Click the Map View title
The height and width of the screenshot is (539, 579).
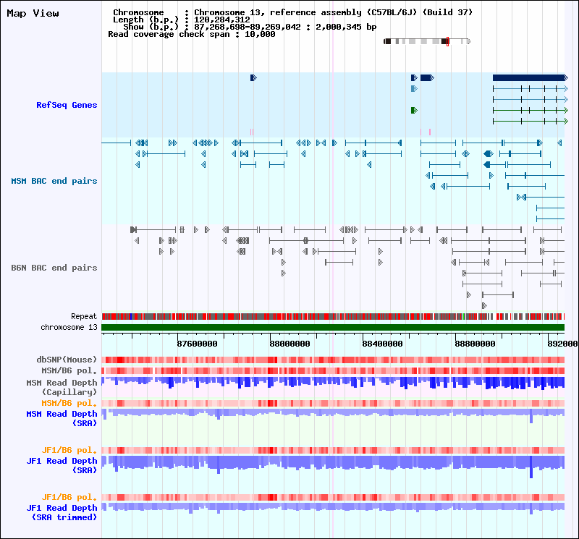point(33,13)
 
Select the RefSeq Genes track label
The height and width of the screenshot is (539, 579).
point(67,105)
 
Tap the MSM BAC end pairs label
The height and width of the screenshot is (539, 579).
point(54,181)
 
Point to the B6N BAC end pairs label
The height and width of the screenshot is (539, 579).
point(54,268)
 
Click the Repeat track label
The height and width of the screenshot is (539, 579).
point(84,316)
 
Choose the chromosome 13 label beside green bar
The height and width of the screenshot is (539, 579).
point(69,327)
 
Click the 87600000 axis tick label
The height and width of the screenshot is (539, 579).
point(197,344)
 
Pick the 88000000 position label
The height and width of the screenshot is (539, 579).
point(290,344)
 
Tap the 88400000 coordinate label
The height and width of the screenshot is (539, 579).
point(383,344)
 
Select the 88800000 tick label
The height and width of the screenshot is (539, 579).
point(476,344)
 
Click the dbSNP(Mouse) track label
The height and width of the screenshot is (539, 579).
point(67,360)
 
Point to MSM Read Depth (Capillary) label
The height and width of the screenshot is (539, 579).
point(62,387)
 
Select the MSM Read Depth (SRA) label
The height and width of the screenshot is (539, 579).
point(62,418)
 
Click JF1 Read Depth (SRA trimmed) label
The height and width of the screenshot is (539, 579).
point(62,512)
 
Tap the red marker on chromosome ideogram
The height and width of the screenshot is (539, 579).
point(447,41)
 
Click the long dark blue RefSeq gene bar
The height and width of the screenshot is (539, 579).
point(529,77)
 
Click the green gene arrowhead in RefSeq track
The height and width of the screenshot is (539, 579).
point(414,111)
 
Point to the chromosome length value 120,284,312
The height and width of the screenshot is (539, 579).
point(222,20)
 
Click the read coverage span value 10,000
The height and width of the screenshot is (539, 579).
point(260,34)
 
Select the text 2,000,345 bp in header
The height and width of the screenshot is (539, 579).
point(346,27)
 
